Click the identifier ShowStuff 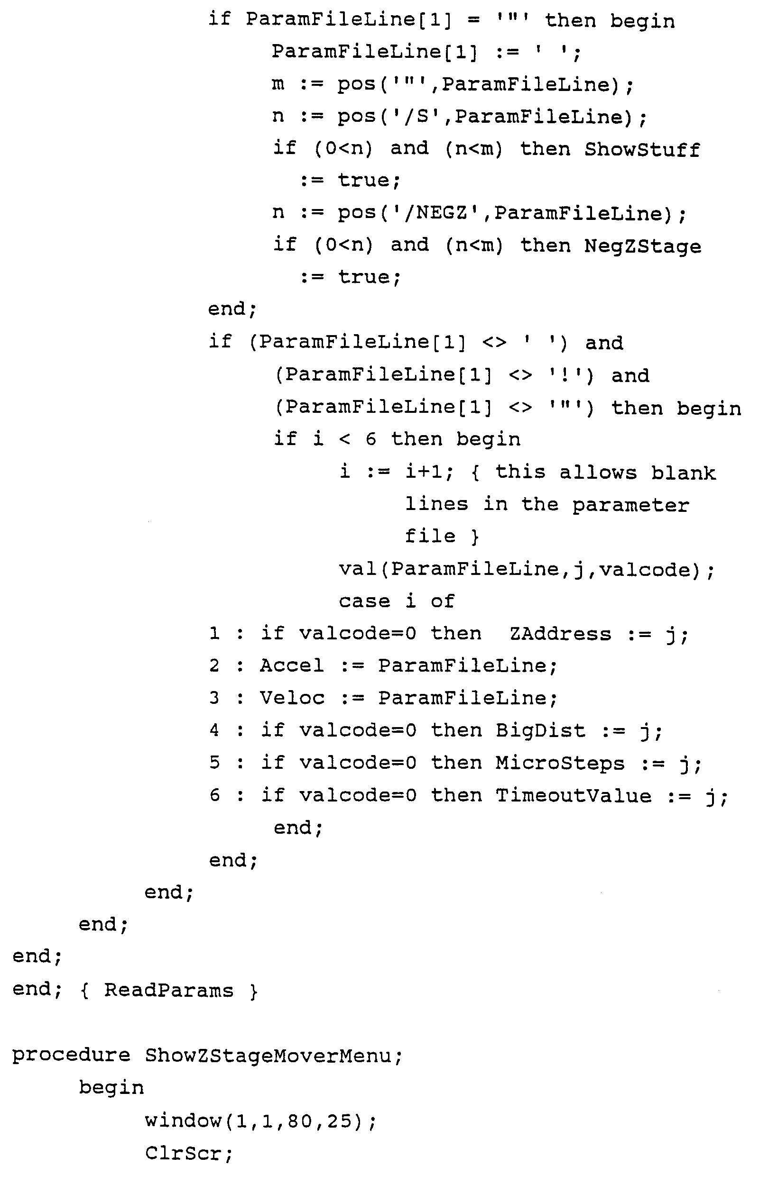(x=642, y=149)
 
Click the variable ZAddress (x=560, y=634)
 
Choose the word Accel (x=292, y=666)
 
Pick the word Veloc (x=292, y=698)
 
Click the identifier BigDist (x=540, y=731)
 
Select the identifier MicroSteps (x=560, y=763)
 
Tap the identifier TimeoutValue (x=573, y=796)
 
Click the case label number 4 (x=214, y=731)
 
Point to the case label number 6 (x=214, y=795)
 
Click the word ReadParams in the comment (x=168, y=991)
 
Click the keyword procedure (x=71, y=1055)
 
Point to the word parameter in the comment (x=630, y=506)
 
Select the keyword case (x=364, y=601)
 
